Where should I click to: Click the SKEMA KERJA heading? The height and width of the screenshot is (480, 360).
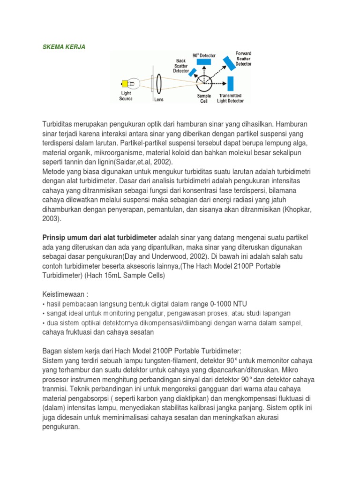[x=64, y=47]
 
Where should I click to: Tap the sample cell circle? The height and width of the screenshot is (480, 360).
[x=204, y=83]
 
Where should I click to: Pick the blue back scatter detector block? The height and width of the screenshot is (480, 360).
[x=192, y=72]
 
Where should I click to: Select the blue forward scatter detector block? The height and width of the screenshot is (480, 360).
[x=229, y=63]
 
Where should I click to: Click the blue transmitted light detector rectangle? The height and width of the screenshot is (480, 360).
[x=230, y=83]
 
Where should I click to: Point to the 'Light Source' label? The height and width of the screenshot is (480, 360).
[x=126, y=96]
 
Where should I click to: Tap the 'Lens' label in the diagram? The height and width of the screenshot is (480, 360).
[x=159, y=99]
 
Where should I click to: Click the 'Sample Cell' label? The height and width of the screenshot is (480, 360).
[x=204, y=98]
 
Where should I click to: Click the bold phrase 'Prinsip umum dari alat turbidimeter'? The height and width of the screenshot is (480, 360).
[x=100, y=238]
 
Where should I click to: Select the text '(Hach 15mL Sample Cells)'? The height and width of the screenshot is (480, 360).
[x=126, y=275]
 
